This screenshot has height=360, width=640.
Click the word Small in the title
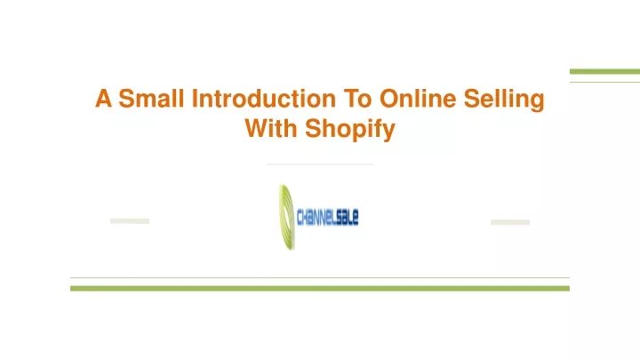point(151,99)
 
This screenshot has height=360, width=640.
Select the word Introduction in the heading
point(264,99)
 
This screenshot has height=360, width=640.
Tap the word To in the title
point(357,99)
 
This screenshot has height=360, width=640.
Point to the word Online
point(418,99)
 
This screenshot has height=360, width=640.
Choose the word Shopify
point(350,130)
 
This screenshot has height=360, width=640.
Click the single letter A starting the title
point(103,99)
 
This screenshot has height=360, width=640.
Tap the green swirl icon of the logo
point(286,217)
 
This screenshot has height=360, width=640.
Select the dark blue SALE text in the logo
point(349,217)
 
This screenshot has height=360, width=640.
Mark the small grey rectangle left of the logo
point(130,221)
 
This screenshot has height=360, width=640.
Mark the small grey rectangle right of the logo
point(510,222)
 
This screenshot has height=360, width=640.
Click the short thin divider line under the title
point(320,164)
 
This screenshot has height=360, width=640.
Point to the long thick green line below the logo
point(320,289)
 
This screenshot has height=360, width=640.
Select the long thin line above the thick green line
point(320,278)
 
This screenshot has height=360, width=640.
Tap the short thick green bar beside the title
point(605,72)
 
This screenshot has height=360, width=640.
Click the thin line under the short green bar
point(605,82)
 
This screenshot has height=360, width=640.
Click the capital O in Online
point(389,99)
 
